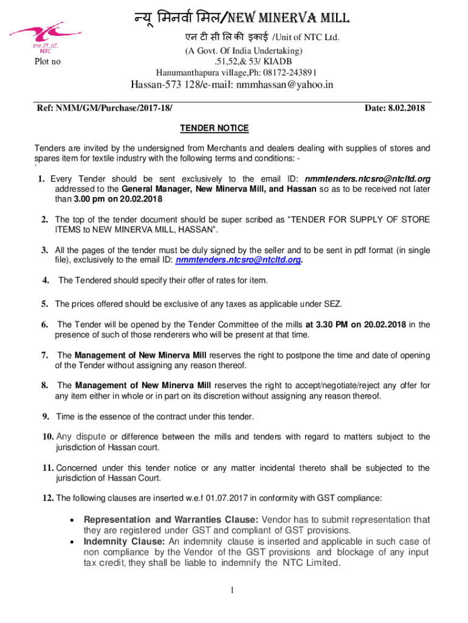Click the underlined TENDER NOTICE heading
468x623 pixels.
pyautogui.click(x=214, y=128)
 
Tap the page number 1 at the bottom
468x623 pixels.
pyautogui.click(x=233, y=590)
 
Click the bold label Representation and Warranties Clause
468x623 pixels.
pyautogui.click(x=171, y=520)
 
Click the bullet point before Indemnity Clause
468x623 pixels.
pyautogui.click(x=72, y=541)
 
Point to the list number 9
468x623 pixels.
pyautogui.click(x=46, y=417)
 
